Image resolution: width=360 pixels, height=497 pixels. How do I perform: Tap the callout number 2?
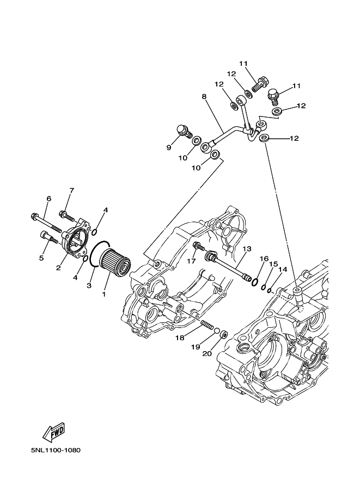coord(58,268)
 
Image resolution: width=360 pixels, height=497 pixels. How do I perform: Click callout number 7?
coord(71,191)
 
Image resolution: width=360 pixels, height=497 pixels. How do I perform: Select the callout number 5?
coord(41,257)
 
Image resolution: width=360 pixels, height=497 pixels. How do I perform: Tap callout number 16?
coord(264,259)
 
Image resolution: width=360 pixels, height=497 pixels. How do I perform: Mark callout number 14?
coord(282,269)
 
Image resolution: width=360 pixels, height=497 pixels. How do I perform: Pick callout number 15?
coord(273,264)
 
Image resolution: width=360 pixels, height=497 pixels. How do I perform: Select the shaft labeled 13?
coord(229,266)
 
